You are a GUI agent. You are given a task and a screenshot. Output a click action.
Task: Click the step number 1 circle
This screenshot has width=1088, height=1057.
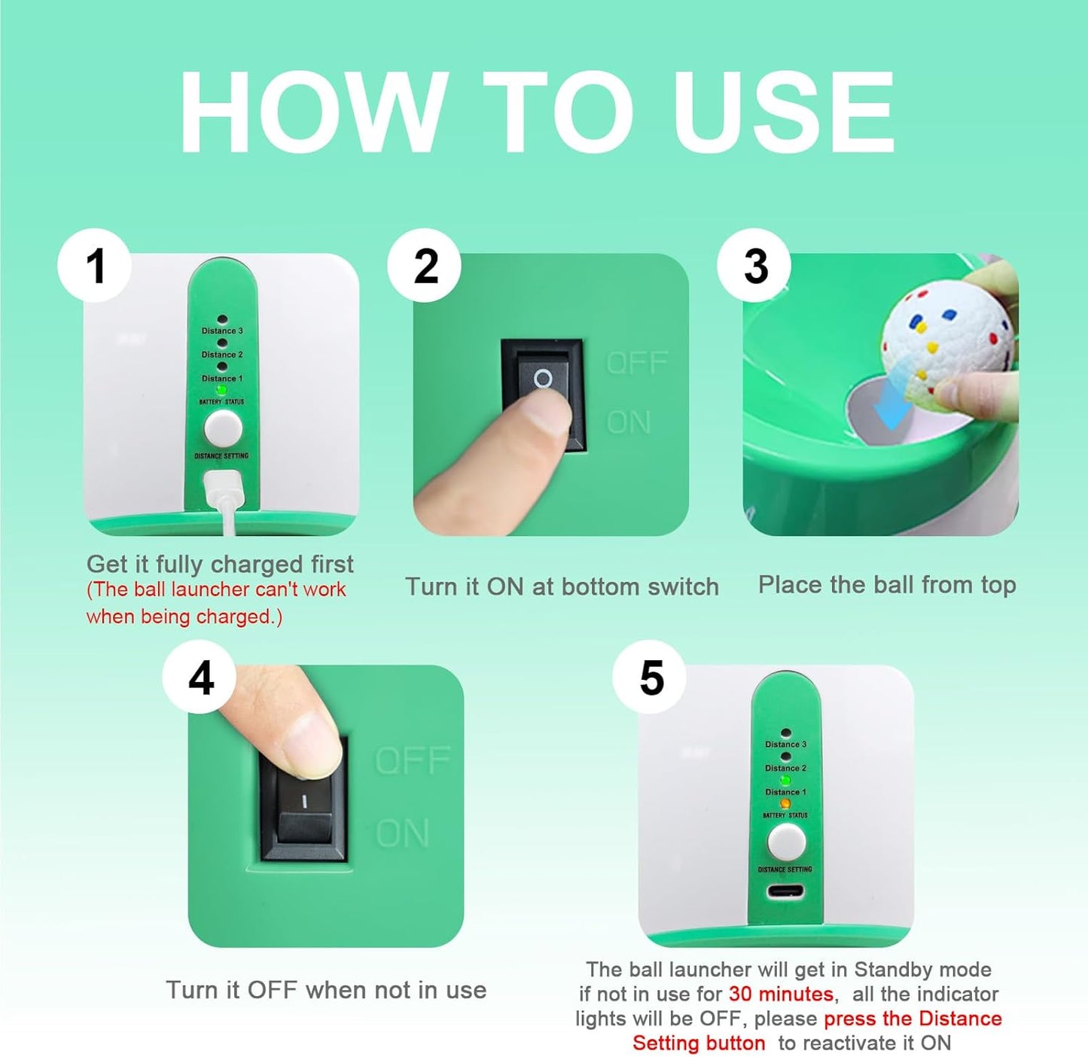tap(94, 265)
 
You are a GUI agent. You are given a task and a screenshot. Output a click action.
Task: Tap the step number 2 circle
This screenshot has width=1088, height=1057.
tap(425, 265)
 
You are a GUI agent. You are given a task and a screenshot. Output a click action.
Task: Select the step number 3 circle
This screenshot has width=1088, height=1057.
tap(754, 265)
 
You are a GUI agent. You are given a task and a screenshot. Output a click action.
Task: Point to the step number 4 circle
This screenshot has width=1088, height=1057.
tap(200, 677)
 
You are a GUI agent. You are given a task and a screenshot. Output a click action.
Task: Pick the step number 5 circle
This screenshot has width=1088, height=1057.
tap(650, 677)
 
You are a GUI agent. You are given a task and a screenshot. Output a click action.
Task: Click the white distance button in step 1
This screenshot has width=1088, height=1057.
tap(223, 428)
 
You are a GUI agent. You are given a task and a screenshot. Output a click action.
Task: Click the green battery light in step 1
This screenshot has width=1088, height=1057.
tap(221, 389)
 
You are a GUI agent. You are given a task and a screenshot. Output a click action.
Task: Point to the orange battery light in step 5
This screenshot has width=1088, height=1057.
tap(785, 803)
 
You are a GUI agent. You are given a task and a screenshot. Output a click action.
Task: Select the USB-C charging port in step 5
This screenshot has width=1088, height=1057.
tap(785, 891)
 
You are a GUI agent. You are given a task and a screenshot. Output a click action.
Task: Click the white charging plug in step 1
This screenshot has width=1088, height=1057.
tap(224, 489)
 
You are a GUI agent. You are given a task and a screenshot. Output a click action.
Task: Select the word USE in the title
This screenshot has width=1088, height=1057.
tap(784, 111)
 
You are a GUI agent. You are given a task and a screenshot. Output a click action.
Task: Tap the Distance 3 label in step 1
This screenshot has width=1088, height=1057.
tap(222, 331)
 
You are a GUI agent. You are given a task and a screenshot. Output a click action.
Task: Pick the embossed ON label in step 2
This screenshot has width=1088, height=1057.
tap(629, 422)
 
